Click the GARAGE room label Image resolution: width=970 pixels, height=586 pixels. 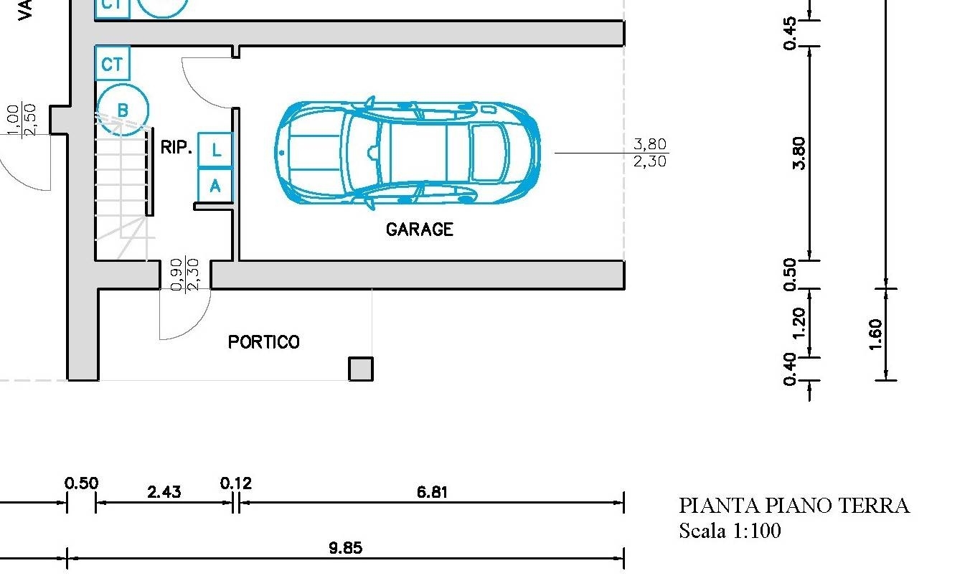tap(420, 230)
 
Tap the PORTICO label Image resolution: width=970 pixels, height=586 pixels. tap(264, 342)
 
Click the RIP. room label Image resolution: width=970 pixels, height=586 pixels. tap(176, 147)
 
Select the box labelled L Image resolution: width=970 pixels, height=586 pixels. tap(215, 150)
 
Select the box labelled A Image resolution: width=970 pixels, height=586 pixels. tap(215, 185)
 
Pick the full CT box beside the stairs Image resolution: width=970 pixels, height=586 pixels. tap(112, 63)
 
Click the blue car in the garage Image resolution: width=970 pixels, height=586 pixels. tap(408, 153)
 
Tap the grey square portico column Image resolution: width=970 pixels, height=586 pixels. tap(361, 369)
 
